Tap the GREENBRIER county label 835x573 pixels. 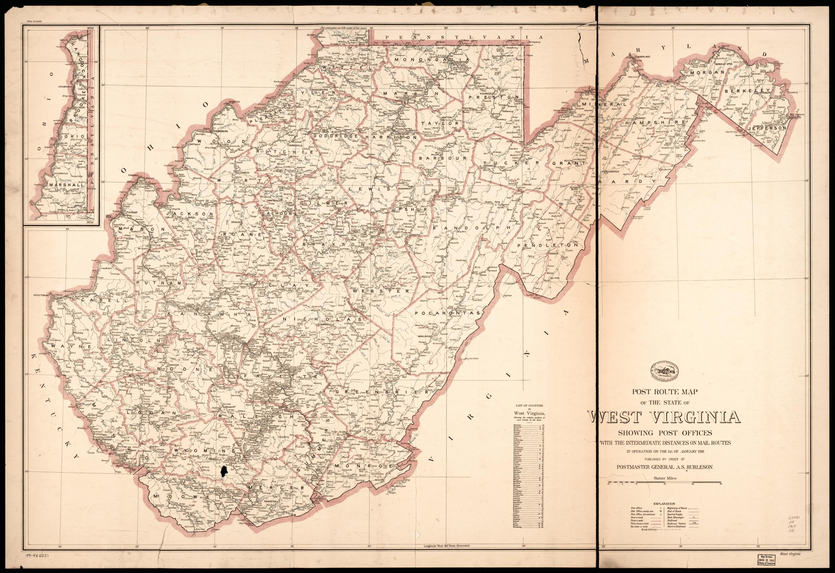pos(382,392)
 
